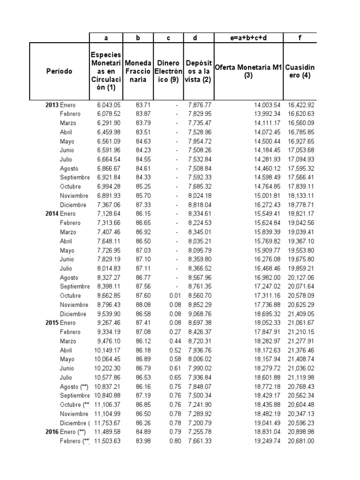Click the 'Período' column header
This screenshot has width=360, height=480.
[59, 71]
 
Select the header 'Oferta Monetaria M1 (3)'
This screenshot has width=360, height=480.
[248, 71]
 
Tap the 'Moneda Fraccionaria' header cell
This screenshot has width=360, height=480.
[138, 71]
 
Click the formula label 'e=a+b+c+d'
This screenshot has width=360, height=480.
[248, 37]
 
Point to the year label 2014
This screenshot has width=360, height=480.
[52, 214]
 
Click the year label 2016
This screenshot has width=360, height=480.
[52, 432]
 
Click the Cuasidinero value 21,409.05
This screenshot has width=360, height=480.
[301, 314]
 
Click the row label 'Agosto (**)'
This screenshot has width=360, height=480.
[74, 386]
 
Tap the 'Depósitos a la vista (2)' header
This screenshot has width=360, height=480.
[198, 71]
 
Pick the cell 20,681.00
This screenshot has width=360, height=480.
[301, 441]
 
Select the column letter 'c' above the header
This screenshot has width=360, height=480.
[168, 37]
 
